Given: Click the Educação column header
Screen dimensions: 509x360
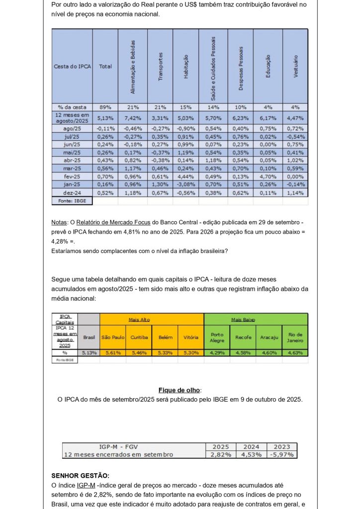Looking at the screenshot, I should pos(268,67).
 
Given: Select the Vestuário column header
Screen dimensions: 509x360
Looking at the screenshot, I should pos(295,67).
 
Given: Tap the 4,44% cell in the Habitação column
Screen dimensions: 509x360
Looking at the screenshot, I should pos(185,176).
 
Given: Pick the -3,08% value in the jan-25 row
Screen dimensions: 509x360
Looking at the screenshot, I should pos(185,184).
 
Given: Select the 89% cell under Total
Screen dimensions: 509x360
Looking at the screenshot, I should pos(105,107).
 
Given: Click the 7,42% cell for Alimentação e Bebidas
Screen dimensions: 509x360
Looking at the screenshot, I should pos(132,117).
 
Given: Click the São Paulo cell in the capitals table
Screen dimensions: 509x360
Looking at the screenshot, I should pos(113,337).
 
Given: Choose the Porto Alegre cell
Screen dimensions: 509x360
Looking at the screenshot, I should pos(217,337).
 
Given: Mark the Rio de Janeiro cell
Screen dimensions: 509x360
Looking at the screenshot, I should pos(295,337).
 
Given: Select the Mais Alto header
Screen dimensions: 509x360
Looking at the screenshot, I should pos(139,320).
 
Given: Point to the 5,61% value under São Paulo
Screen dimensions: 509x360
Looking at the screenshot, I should pos(113,352).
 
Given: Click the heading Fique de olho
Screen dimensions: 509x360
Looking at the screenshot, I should pos(180,390).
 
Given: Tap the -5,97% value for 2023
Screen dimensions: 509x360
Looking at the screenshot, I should pos(282,454).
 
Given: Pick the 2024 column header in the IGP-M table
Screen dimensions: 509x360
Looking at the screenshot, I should pos(251,446).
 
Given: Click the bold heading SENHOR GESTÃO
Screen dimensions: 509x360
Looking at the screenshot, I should pos(80,476).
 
